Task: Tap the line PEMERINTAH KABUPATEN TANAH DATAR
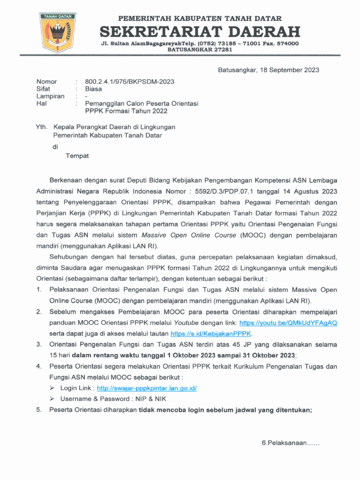(x=200, y=19)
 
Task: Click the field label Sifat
(x=43, y=89)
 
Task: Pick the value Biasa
(x=93, y=89)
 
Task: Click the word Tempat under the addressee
(x=77, y=156)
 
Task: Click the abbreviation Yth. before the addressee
(x=42, y=127)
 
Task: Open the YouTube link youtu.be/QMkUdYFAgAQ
(x=288, y=323)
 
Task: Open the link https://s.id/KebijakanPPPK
(x=211, y=334)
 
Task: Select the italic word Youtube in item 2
(x=186, y=323)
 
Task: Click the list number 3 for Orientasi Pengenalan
(x=39, y=345)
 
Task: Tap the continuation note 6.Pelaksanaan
(x=290, y=443)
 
